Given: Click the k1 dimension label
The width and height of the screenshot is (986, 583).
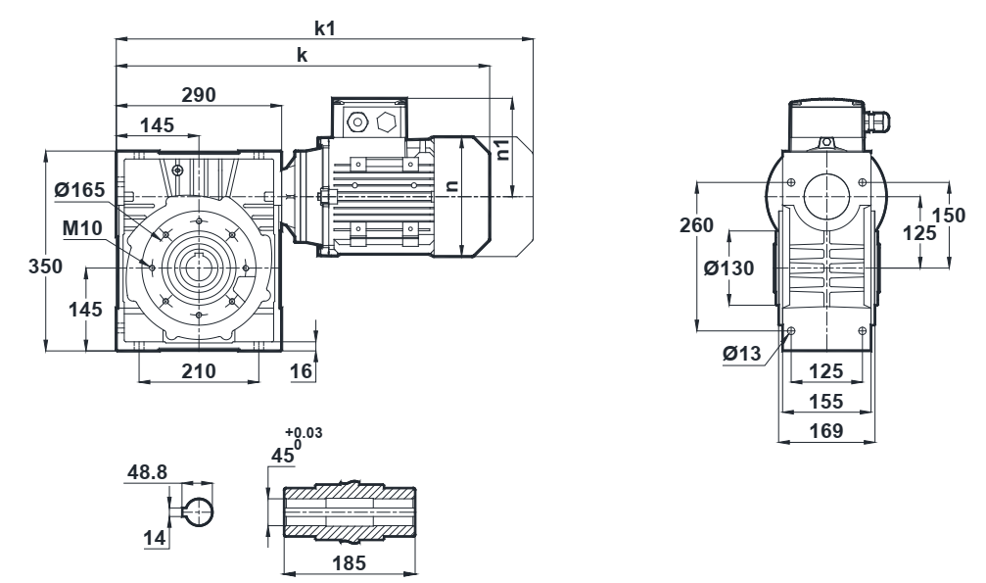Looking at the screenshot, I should point(325,28).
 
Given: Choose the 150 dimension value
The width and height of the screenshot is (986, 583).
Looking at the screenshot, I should point(949,216).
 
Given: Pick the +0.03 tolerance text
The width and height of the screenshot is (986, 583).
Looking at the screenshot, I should point(304,432).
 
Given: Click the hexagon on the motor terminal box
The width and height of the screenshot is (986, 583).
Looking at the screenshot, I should point(385,122).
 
